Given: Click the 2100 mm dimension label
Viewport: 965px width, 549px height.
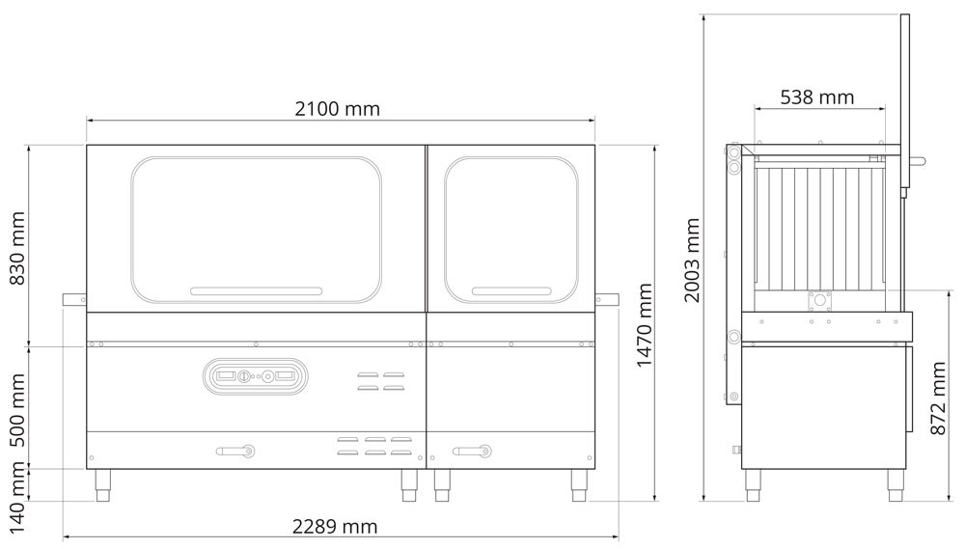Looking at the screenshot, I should (337, 109).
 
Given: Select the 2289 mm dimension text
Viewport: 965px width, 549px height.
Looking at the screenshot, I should (335, 527).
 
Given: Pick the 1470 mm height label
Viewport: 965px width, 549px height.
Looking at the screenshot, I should (646, 325).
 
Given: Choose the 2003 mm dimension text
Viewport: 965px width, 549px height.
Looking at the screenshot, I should (692, 260).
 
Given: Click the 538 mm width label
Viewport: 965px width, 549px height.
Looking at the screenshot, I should (816, 97).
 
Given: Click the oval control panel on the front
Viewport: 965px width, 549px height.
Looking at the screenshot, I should (255, 375).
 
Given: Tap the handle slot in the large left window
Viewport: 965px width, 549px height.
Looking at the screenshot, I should (257, 290).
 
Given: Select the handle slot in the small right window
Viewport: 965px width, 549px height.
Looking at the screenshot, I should (510, 290).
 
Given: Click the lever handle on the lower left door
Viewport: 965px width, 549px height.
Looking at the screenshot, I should (235, 450).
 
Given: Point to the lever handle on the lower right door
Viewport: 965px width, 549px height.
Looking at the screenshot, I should (473, 450).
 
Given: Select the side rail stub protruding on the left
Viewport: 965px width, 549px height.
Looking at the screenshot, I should (74, 300).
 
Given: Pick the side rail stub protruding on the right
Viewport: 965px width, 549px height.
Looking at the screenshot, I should (608, 300).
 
